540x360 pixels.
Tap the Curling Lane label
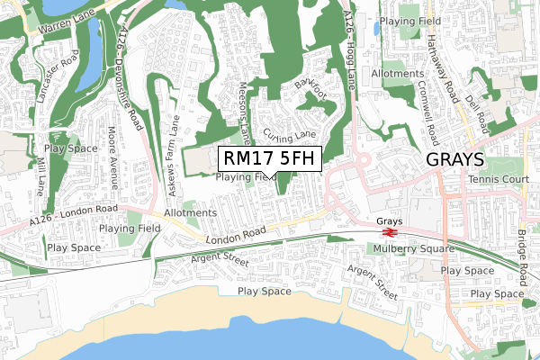[290, 135]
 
